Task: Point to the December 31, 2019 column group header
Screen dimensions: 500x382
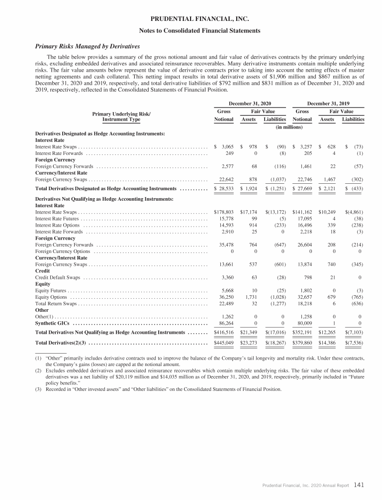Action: click(329, 103)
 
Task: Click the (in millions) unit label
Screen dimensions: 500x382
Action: click(289, 127)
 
